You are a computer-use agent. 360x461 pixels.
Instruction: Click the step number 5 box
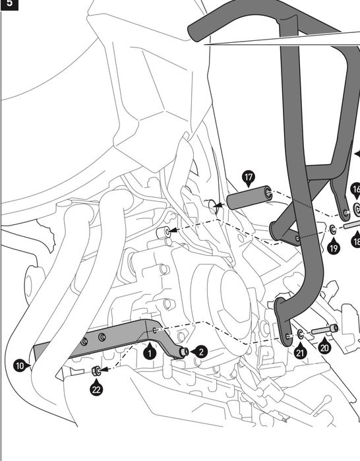[x=9, y=5]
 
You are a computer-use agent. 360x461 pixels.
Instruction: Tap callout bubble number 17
[x=249, y=178]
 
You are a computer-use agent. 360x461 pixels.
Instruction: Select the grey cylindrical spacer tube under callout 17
[x=249, y=197]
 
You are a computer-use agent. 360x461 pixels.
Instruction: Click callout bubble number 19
[x=333, y=248]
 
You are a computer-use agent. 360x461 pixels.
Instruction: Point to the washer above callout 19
[x=333, y=229]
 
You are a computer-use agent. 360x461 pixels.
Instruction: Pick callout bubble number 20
[x=324, y=348]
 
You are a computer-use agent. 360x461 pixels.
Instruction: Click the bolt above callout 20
[x=324, y=329]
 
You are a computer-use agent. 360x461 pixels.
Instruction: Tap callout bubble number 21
[x=300, y=352]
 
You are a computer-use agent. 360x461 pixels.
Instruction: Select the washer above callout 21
[x=301, y=334]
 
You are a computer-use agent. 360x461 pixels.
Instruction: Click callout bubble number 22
[x=96, y=389]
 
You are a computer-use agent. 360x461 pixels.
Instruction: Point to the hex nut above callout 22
[x=96, y=371]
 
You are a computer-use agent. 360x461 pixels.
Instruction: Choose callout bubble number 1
[x=150, y=352]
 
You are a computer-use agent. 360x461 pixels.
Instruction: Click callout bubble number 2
[x=201, y=352]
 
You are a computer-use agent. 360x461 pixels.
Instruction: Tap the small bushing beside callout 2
[x=184, y=352]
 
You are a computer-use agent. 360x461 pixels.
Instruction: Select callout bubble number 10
[x=20, y=366]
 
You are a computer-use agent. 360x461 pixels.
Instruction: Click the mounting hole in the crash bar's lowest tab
[x=287, y=336]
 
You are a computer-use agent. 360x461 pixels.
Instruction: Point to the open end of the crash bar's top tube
[x=195, y=32]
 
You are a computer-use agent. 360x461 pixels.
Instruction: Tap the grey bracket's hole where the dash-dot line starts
[x=154, y=330]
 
